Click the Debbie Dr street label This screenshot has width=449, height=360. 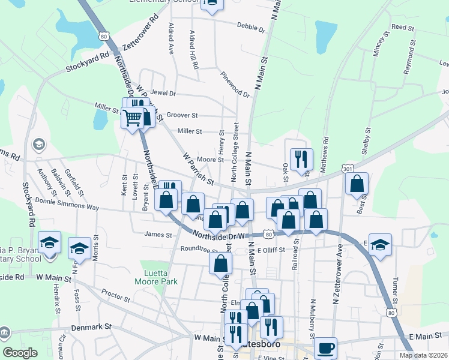251,28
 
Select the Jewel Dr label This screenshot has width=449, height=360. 163,94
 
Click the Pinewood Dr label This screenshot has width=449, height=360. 235,85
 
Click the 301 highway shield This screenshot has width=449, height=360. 348,170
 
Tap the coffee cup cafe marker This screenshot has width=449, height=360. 325,348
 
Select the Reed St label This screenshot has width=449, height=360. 403,28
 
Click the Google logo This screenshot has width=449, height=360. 20,353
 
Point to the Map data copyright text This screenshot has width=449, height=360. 423,355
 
